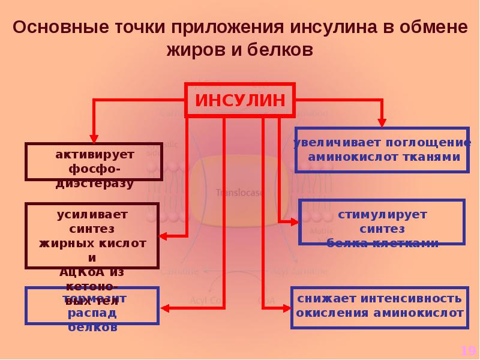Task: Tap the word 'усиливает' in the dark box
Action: pyautogui.click(x=92, y=214)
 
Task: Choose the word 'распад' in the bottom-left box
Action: pyautogui.click(x=92, y=313)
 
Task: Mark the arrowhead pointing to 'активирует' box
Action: pyautogui.click(x=93, y=136)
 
